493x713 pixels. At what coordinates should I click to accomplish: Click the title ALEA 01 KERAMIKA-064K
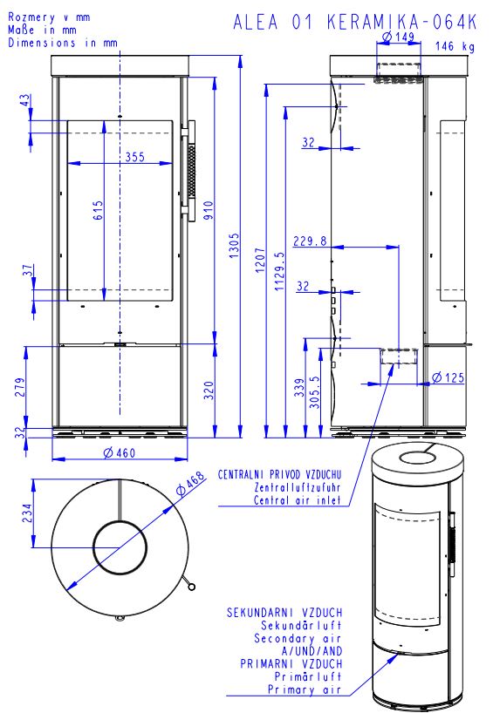[355, 22]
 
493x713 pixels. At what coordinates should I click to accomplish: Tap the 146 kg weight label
[455, 46]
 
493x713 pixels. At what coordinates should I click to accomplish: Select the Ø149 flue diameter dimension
[398, 37]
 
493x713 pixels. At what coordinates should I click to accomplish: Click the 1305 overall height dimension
[234, 246]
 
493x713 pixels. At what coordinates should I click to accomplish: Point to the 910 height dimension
[208, 210]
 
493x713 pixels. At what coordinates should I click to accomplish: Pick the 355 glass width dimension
[135, 157]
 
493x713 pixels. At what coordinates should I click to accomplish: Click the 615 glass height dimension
[99, 211]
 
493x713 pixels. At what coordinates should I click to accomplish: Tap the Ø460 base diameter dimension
[120, 453]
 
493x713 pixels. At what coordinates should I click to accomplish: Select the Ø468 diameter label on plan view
[191, 484]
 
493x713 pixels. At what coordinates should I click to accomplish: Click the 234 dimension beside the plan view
[27, 513]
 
